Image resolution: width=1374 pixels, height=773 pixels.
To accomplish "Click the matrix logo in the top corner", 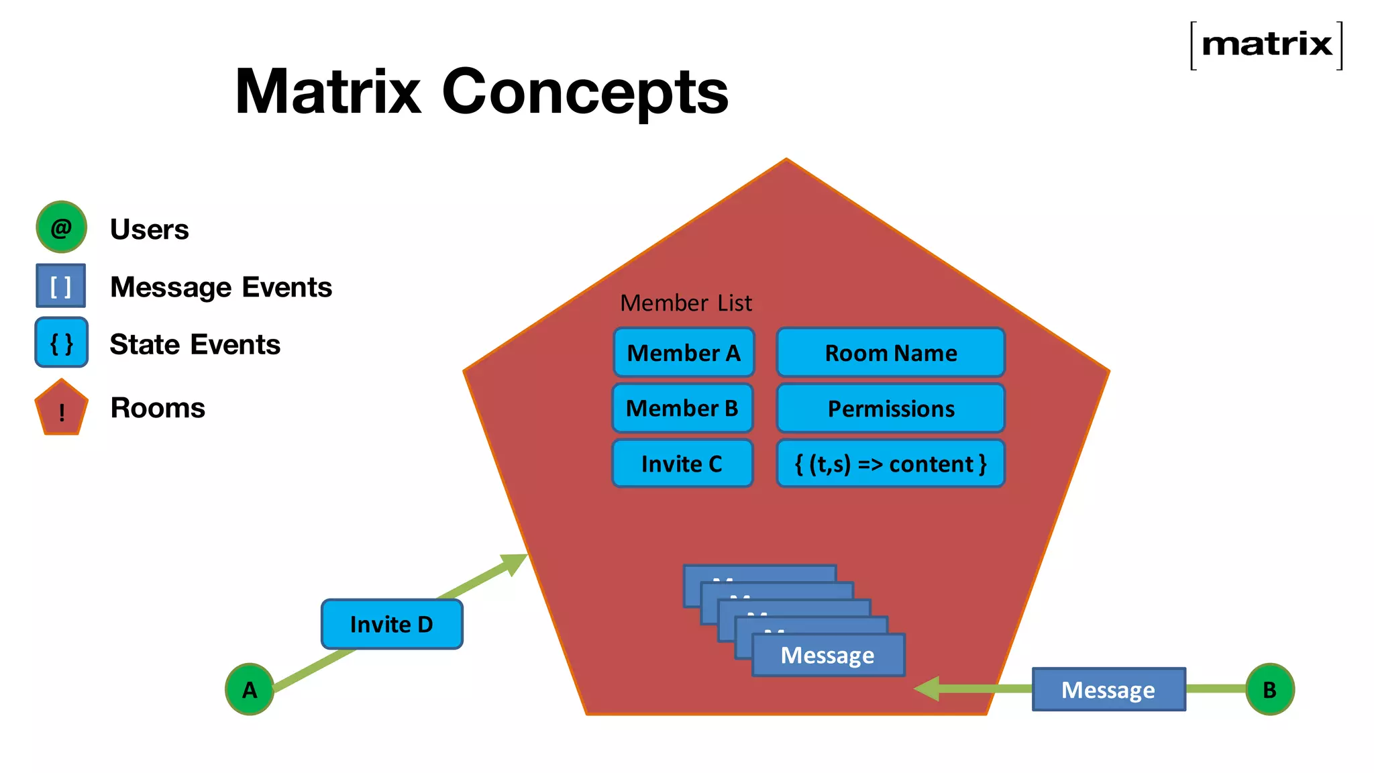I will pos(1266,45).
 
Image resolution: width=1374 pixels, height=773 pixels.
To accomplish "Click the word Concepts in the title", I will pos(584,92).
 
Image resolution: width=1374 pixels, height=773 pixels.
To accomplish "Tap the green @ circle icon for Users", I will pos(61,227).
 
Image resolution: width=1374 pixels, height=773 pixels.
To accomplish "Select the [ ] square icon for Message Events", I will pos(60,286).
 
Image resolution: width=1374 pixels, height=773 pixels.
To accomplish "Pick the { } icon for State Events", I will pos(61,343).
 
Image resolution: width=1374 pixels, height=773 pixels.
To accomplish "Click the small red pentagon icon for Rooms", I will pos(61,409).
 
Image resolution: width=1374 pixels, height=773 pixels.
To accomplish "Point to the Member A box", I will pos(683,352).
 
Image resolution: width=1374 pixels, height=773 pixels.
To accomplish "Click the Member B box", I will pos(682,408).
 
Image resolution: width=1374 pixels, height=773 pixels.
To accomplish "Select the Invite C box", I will pos(682,463).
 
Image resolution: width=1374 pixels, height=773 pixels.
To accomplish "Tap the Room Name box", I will pos(890,352).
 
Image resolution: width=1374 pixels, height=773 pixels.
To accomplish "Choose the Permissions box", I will pos(890,408).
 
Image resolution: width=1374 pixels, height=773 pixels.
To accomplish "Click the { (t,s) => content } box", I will pos(890,463).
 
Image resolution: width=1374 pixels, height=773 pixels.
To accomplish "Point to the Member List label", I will pos(686,303).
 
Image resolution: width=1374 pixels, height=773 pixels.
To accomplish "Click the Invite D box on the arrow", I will pos(392,624).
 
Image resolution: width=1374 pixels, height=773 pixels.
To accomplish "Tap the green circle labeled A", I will pos(250,689).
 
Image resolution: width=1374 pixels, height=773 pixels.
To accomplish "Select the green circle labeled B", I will pos(1269,689).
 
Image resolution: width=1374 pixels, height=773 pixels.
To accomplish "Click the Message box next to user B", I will pos(1108,689).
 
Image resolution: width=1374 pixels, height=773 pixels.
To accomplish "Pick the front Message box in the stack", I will pos(828,655).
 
